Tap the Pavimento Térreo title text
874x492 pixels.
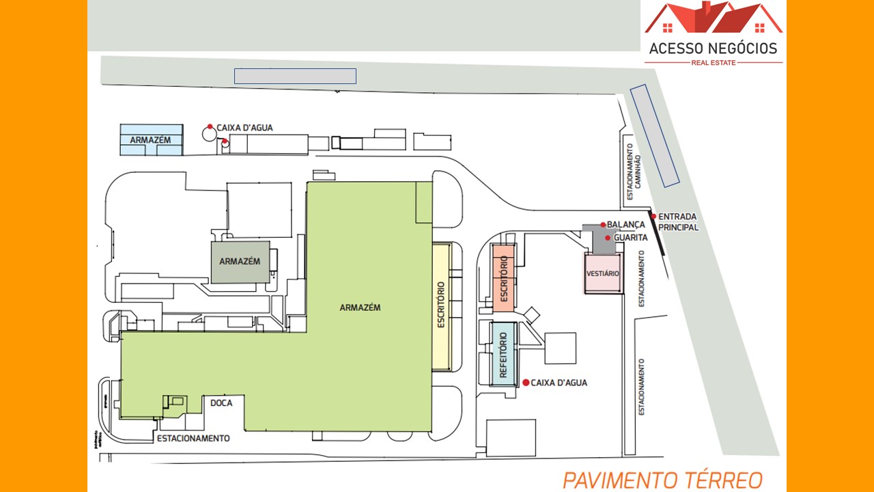[662, 480]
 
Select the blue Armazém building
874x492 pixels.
[152, 140]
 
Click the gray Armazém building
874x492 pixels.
[240, 262]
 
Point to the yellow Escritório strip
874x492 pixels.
[441, 306]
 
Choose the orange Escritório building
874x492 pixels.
[504, 279]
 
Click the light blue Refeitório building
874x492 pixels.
[504, 355]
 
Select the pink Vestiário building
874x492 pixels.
[603, 273]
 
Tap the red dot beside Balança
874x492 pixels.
[603, 224]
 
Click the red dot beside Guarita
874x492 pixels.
[608, 238]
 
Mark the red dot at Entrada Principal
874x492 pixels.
[653, 217]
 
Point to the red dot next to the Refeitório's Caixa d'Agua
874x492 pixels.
[526, 383]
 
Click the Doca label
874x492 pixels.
[221, 403]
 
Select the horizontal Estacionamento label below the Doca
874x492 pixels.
[193, 438]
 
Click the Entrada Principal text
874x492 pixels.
[679, 222]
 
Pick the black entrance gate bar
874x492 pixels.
[658, 235]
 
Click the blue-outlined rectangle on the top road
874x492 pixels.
[295, 76]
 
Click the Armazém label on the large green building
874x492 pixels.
[360, 307]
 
